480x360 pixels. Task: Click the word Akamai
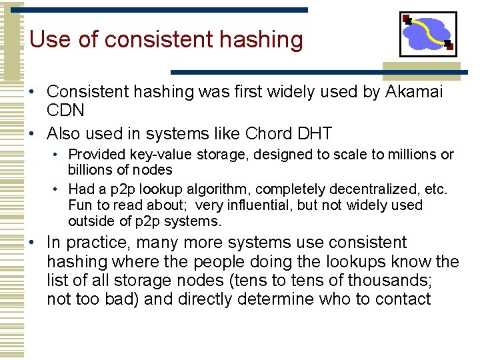coord(414,91)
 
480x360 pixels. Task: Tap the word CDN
coord(65,109)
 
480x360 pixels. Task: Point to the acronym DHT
coord(314,133)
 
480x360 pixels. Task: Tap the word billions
coord(91,169)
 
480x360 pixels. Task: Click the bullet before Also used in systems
coord(33,134)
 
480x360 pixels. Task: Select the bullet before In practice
coord(33,243)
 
